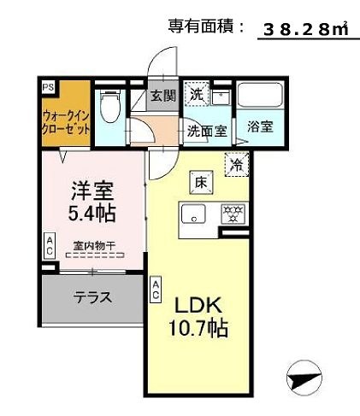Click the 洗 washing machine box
pos(197,94)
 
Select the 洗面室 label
pos(207,132)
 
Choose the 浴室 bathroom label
pos(260,127)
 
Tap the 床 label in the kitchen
pos(198,181)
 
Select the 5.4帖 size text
pos(91,209)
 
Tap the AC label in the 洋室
pos(50,248)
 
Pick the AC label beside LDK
pos(156,290)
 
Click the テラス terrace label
pos(91,298)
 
